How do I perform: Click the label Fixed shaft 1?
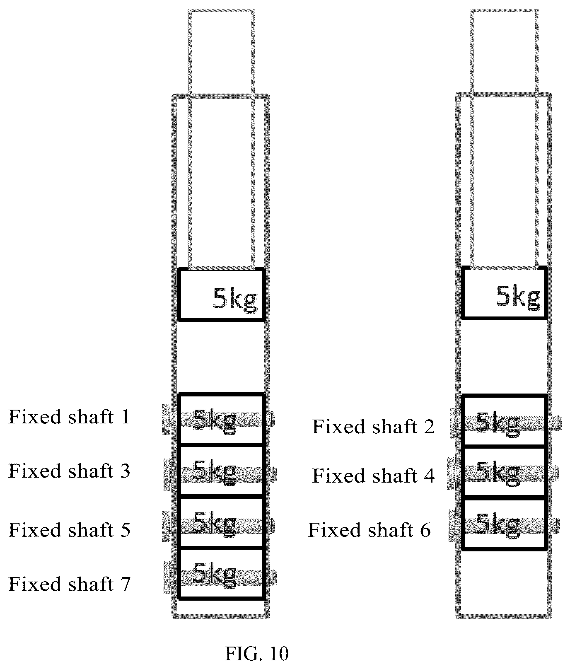pos(69,417)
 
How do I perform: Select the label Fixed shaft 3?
pos(69,471)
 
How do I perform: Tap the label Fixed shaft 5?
pos(69,530)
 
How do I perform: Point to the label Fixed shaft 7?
pos(69,584)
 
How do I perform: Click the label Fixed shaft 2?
pos(373,427)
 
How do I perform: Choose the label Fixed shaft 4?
pos(373,476)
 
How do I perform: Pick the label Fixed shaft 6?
pos(369,530)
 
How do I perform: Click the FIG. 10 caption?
pos(257,654)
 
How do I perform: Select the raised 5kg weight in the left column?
pos(221,294)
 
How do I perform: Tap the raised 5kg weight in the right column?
pos(505,293)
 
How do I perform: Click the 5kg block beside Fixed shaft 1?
pos(221,419)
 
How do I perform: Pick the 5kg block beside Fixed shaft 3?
pos(221,471)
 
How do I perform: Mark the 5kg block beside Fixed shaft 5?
pos(221,522)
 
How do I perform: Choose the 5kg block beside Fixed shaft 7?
pos(221,573)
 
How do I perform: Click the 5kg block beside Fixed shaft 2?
pos(505,421)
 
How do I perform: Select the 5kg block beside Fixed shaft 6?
pos(505,524)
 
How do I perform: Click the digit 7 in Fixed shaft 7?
pos(125,584)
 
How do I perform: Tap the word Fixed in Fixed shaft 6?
pos(330,530)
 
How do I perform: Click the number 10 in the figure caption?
pos(279,654)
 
